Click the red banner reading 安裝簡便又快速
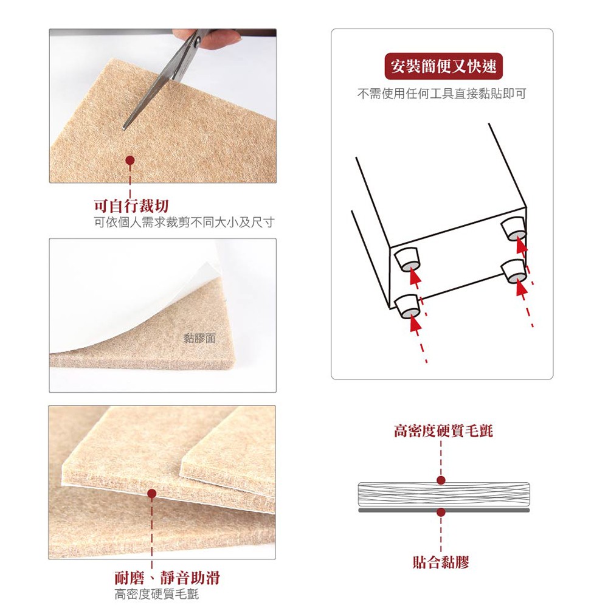[x=444, y=66]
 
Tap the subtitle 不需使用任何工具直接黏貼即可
[x=441, y=94]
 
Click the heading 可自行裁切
[x=131, y=206]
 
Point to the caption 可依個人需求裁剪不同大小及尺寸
[x=185, y=223]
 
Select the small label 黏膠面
[x=199, y=339]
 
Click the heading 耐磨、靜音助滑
[x=167, y=578]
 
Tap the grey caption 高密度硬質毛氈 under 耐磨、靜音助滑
[x=157, y=594]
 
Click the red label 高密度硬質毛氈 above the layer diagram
[x=443, y=431]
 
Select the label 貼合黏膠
[x=441, y=562]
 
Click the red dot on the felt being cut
[x=130, y=160]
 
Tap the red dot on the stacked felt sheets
[x=152, y=494]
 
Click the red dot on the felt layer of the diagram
[x=441, y=480]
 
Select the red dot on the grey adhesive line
[x=441, y=512]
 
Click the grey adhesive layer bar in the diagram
[x=444, y=510]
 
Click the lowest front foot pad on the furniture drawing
[x=407, y=306]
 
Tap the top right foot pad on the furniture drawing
[x=514, y=229]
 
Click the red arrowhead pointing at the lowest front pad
[x=415, y=325]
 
